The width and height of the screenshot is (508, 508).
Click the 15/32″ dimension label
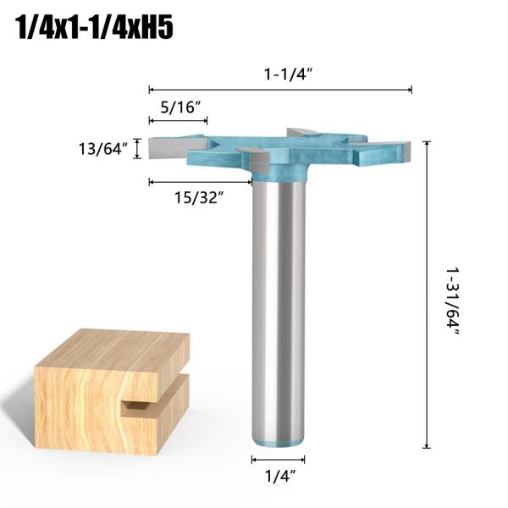(x=200, y=197)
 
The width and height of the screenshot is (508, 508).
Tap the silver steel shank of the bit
(x=279, y=305)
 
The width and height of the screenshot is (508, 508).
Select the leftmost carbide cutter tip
(x=163, y=150)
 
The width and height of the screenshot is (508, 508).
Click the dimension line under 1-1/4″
(x=280, y=89)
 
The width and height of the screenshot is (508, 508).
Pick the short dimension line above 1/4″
(x=278, y=459)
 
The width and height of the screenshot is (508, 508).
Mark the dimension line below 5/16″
(x=178, y=122)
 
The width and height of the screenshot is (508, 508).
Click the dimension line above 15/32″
(x=200, y=181)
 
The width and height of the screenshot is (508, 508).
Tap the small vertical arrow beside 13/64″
(x=137, y=150)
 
